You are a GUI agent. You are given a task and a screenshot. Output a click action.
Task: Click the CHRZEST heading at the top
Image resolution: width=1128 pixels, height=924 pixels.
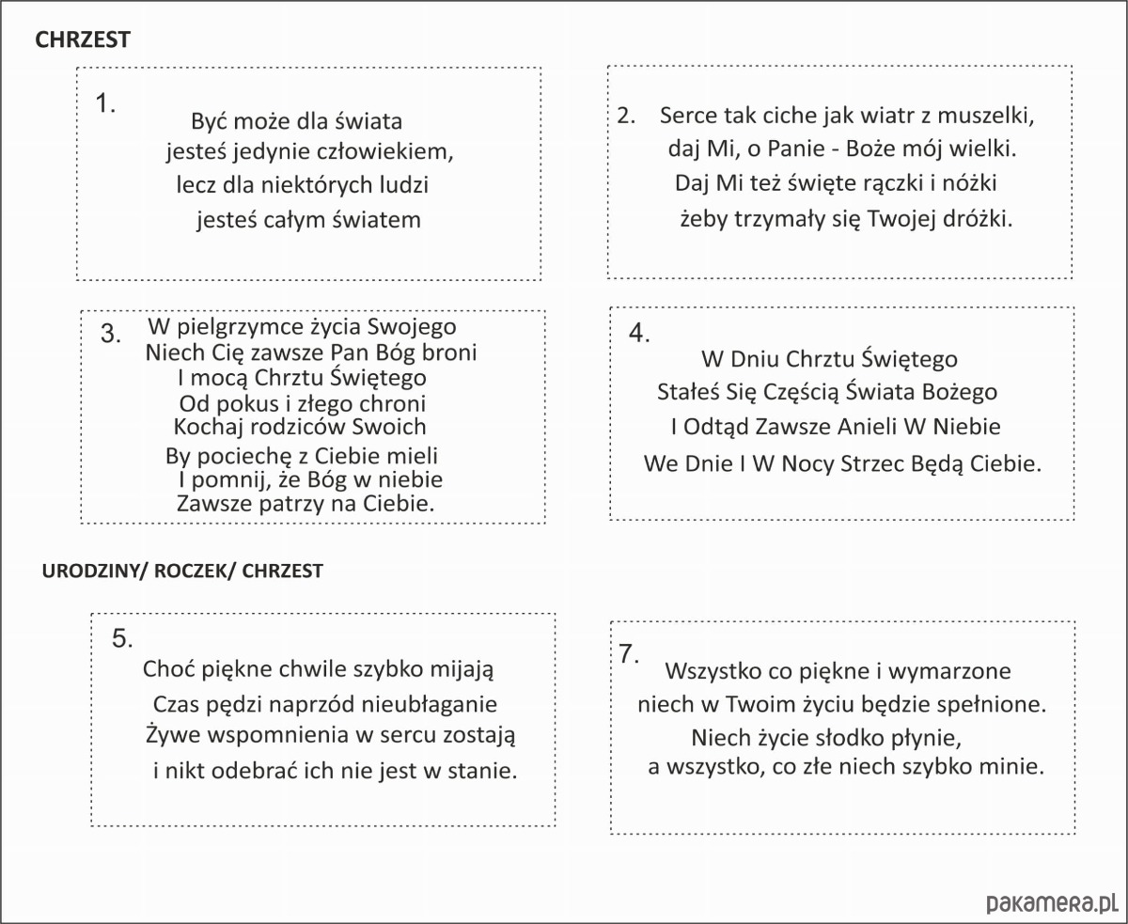[82, 39]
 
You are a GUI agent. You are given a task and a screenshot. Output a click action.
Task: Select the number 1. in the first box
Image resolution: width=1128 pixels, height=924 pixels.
[106, 103]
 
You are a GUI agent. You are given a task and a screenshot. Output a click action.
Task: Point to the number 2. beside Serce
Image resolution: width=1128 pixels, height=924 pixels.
[627, 116]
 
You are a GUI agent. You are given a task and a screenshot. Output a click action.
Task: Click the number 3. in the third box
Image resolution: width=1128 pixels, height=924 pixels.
[111, 334]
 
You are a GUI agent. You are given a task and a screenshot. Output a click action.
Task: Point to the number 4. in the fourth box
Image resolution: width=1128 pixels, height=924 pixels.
[640, 334]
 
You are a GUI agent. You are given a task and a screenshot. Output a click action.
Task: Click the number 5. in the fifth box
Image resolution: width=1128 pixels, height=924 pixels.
[122, 638]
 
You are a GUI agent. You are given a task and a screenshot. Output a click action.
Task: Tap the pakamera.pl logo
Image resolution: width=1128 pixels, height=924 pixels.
[1052, 903]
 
